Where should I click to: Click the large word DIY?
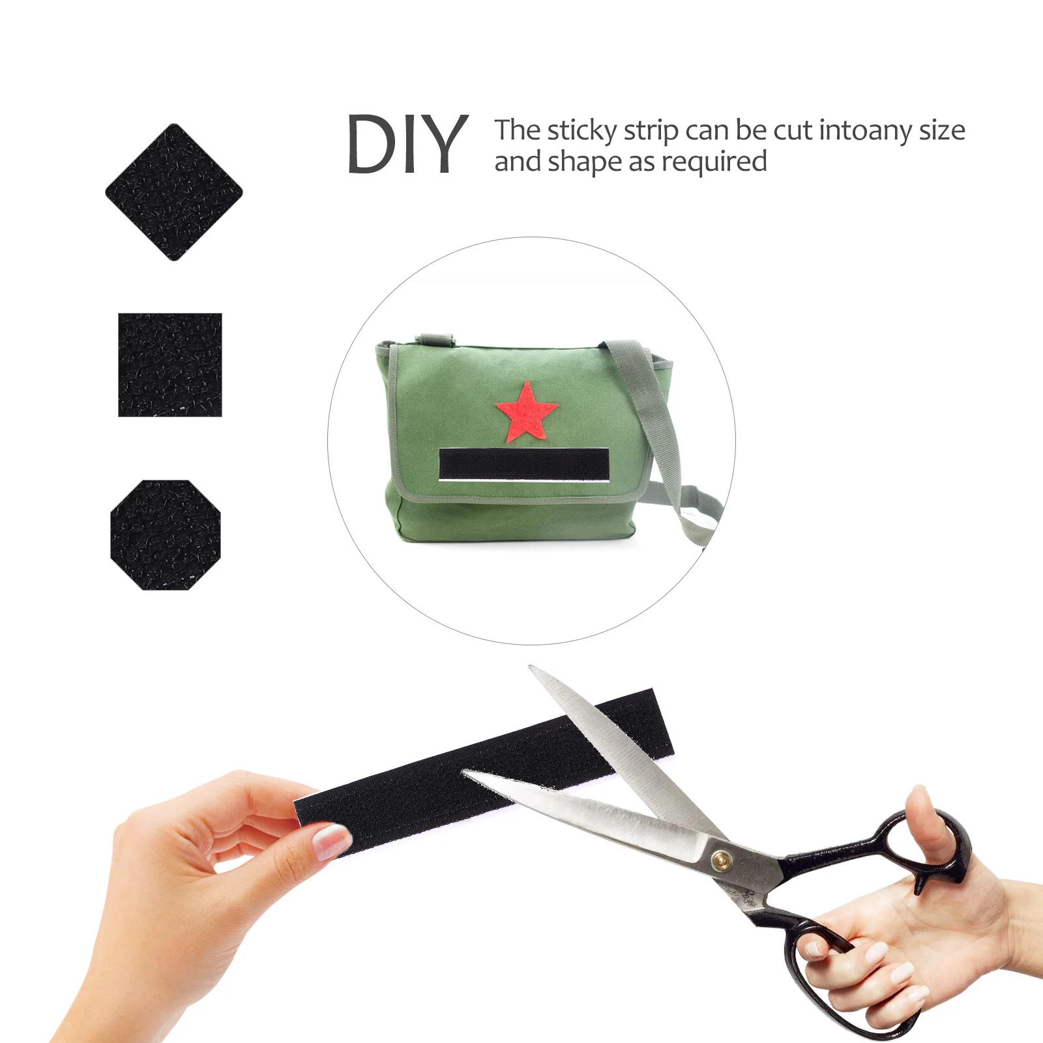coord(407,144)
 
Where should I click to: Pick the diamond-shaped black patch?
coord(173,192)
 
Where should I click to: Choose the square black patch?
coord(170,365)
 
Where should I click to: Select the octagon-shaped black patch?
coord(166,535)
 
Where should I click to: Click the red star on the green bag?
coord(527,412)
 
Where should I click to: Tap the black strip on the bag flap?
coord(524,464)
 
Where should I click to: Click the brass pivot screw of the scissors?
coord(720,860)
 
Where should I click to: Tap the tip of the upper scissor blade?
coord(531,668)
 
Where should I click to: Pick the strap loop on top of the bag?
coord(435,338)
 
